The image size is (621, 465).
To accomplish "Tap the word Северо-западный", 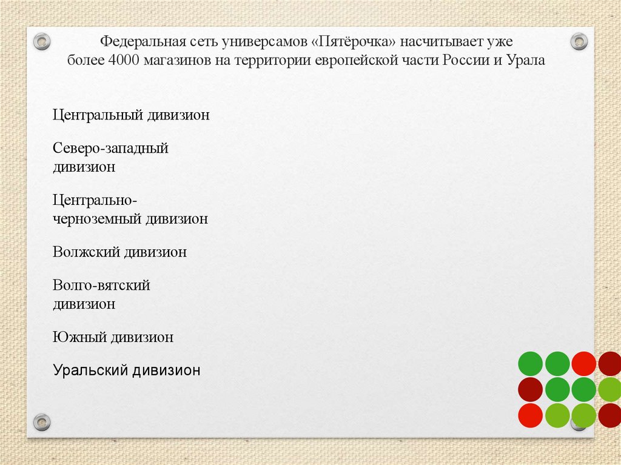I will pos(110,148).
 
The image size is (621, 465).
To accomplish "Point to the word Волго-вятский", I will pos(101,285).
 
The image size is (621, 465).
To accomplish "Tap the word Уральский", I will pos(90,370).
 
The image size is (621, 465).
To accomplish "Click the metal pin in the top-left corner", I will pos(41,41).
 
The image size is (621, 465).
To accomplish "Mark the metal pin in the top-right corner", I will pos(580,41).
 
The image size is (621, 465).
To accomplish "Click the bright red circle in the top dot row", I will pos(584,364).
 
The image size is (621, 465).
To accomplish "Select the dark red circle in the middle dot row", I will pos(530,390).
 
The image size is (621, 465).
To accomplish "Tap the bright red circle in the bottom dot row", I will pos(530,416).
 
